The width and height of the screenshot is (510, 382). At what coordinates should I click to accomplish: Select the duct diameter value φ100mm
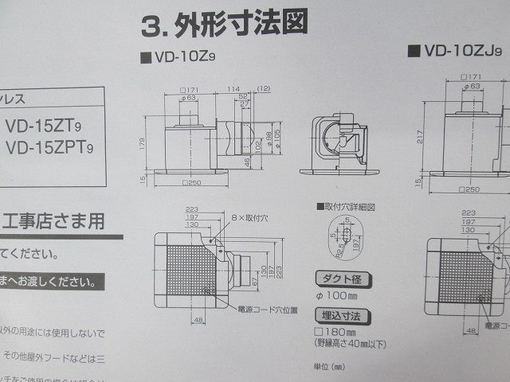pyautogui.click(x=339, y=295)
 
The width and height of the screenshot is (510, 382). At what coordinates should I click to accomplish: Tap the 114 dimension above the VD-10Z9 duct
pyautogui.click(x=233, y=88)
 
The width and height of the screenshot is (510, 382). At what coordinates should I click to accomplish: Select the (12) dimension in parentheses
pyautogui.click(x=264, y=88)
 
